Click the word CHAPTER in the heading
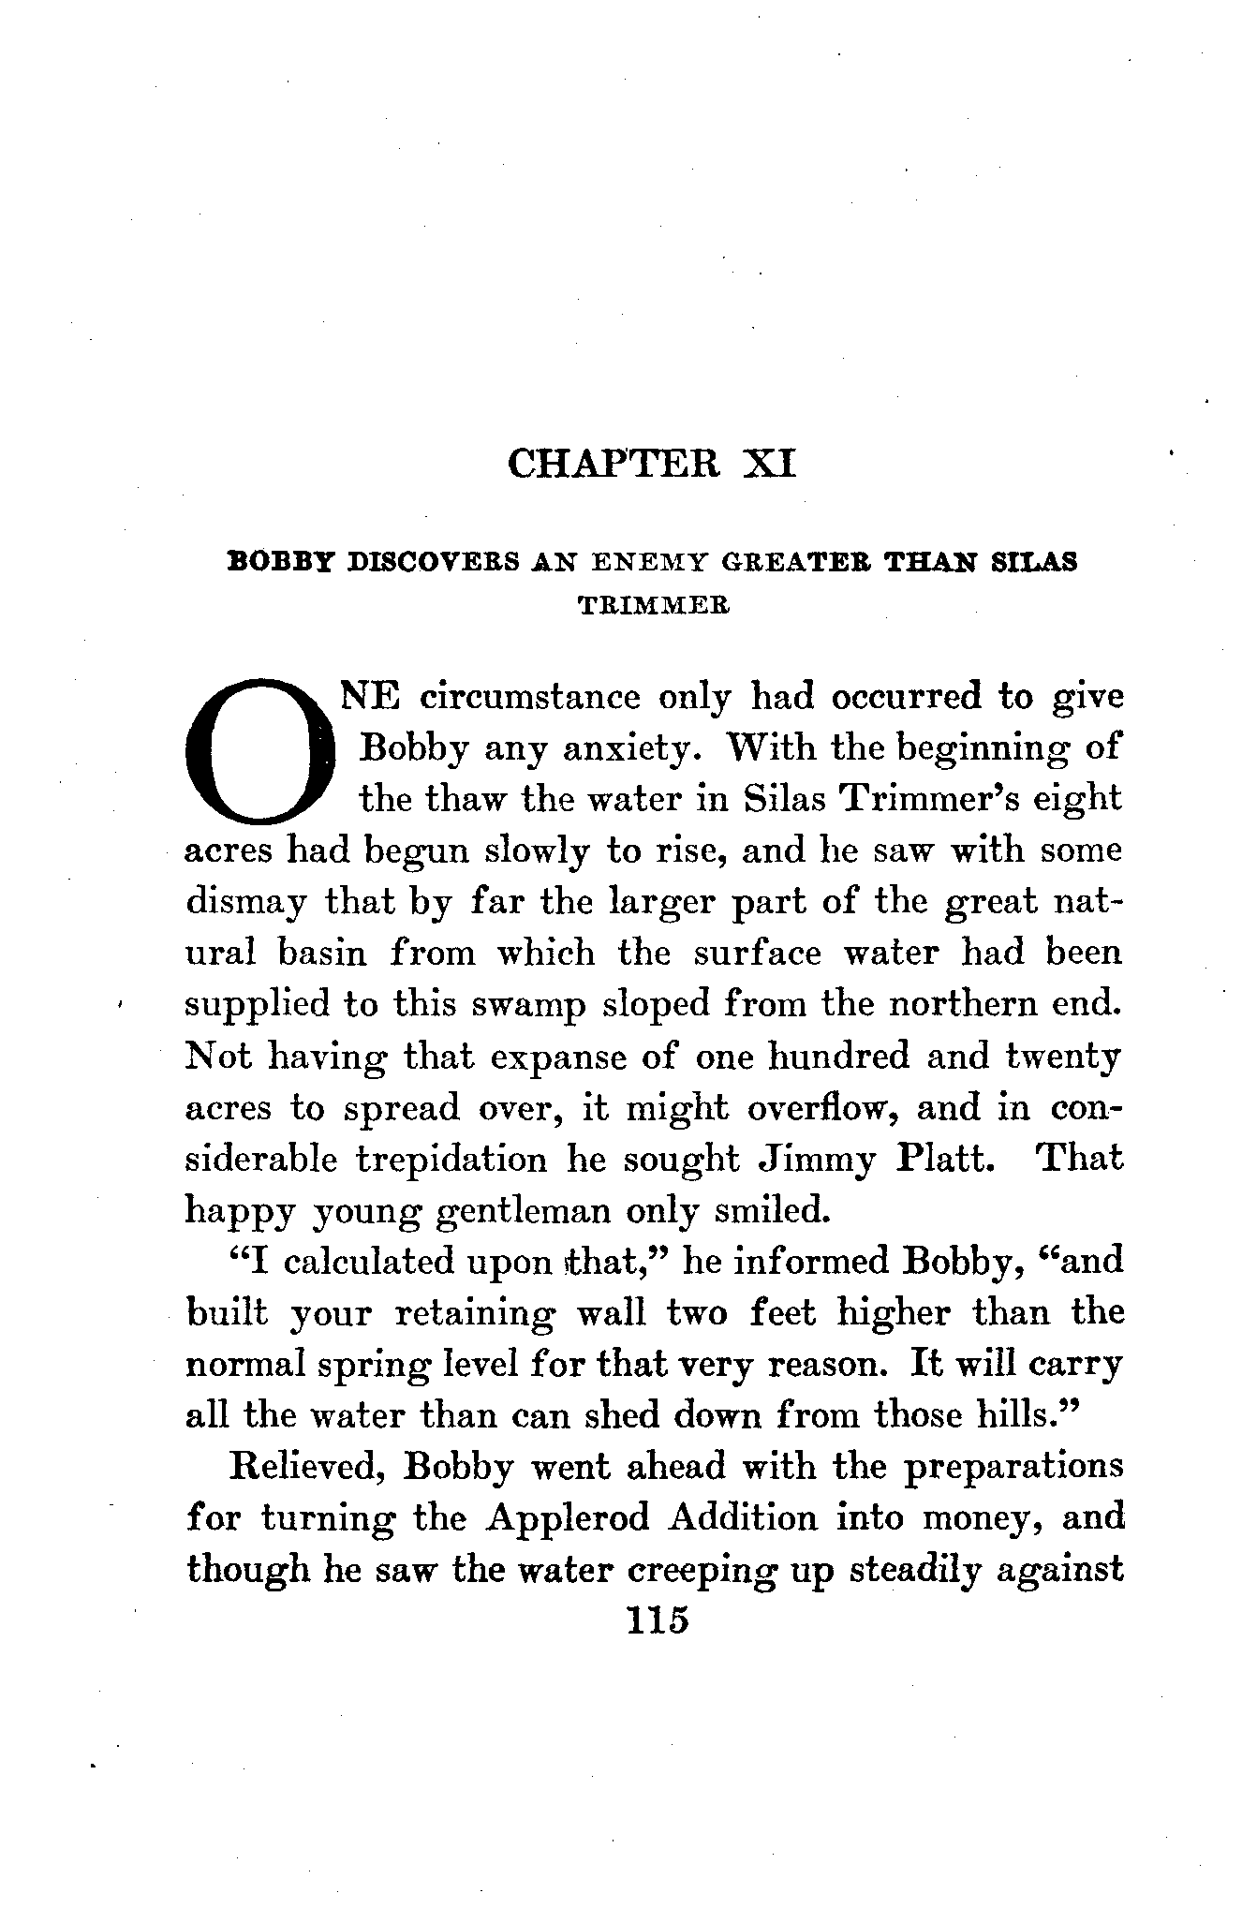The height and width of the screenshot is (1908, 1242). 614,464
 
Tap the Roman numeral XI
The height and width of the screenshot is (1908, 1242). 768,464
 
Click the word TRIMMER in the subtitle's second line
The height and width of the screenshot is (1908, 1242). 654,606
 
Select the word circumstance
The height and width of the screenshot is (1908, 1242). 530,698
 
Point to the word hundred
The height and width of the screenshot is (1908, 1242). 837,1057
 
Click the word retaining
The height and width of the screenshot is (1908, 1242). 474,1313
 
